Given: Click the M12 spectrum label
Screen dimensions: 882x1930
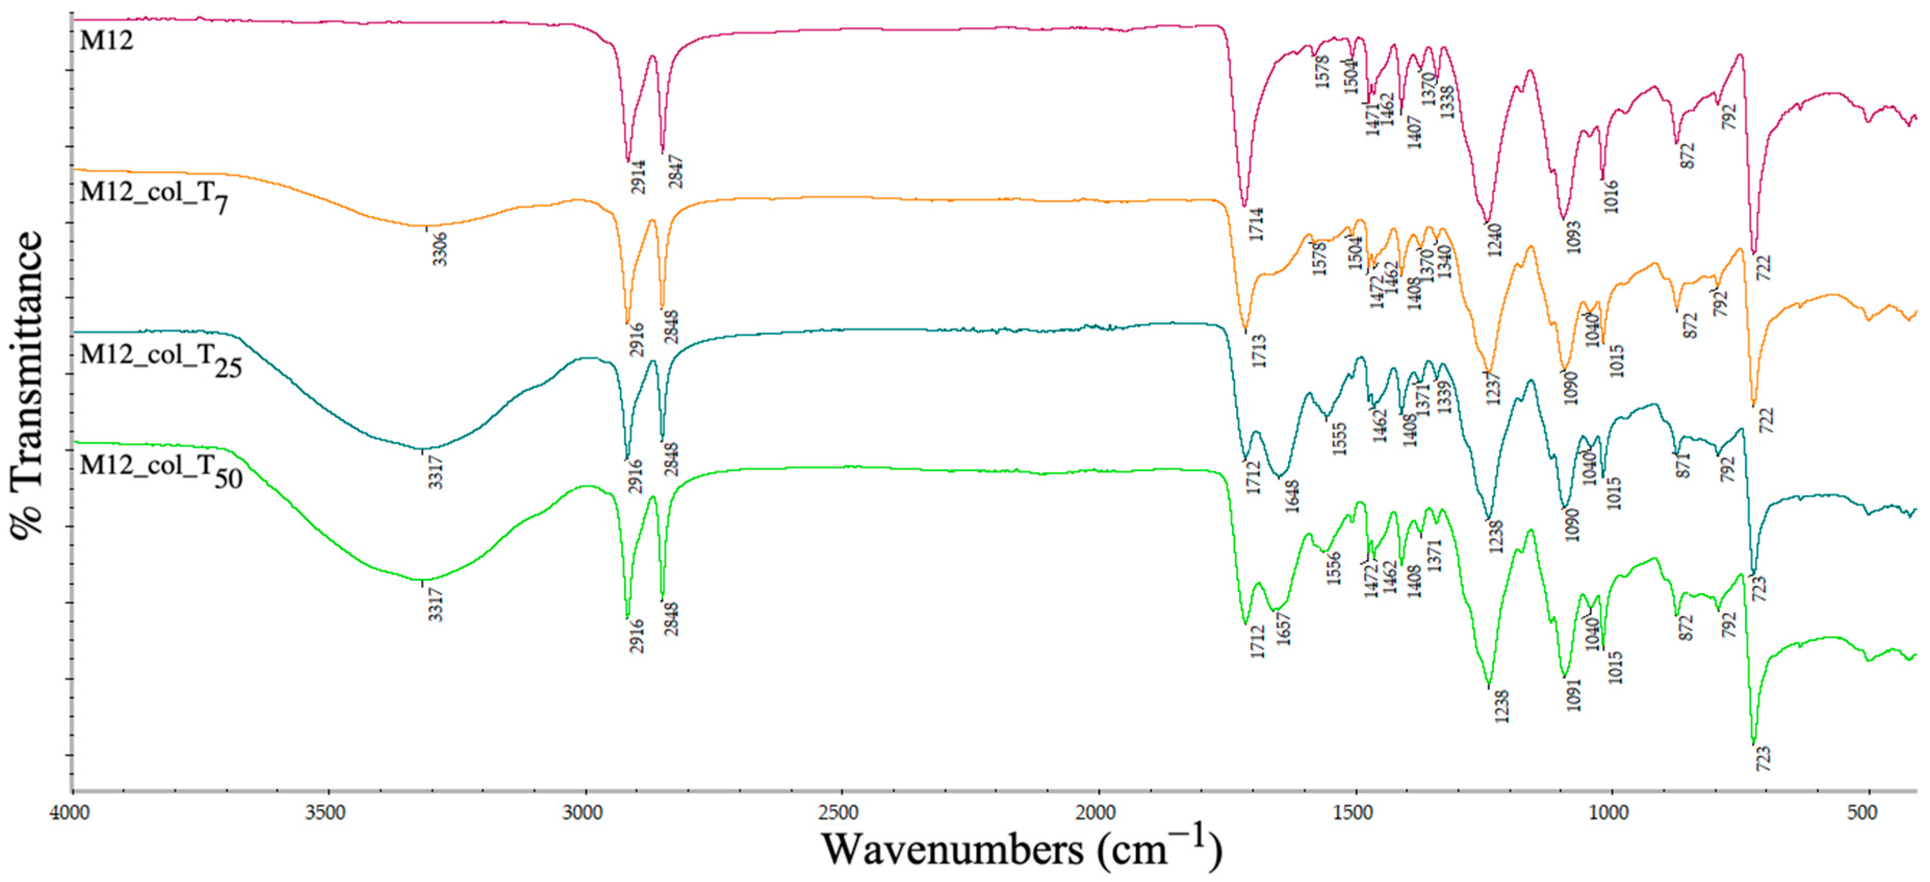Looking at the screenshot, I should pos(107,41).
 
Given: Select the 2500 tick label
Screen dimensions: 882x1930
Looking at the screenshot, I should pos(839,812).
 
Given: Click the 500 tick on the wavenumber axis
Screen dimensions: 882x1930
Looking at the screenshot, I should pos(1862,812).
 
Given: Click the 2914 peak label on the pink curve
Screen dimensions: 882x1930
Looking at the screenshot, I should pos(638,177).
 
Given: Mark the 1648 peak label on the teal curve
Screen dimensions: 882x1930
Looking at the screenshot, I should pos(1292,496).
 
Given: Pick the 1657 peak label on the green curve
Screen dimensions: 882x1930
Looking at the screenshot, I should pos(1284,629).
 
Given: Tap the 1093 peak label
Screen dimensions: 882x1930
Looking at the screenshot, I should pos(1573,237).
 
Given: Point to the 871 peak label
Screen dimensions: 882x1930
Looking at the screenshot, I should pos(1683,465).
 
